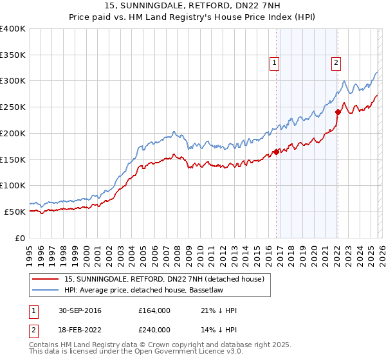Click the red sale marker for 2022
(x=338, y=113)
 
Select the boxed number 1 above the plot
(x=275, y=63)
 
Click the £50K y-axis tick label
(x=15, y=212)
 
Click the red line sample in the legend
(x=45, y=279)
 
